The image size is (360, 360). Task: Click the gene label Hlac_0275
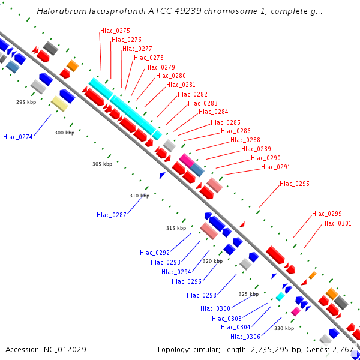pos(115,31)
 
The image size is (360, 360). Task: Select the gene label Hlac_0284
pos(213,112)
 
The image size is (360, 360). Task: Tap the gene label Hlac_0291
pos(275,167)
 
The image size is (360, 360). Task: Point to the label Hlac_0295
pos(295,184)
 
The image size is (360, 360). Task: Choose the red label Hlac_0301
pos(337,224)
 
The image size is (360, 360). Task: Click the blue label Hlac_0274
pos(18,137)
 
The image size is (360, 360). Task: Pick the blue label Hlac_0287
pos(112,215)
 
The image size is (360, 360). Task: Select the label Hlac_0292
pos(155,253)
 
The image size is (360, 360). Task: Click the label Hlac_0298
pos(201,295)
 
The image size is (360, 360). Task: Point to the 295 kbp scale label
pos(26,102)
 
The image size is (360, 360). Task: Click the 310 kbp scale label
pos(140,196)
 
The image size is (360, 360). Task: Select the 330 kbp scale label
pos(284,328)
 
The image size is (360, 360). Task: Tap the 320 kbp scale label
pos(212,261)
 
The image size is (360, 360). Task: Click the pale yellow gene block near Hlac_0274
pos(59,103)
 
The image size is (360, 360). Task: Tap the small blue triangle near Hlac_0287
pos(162,175)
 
